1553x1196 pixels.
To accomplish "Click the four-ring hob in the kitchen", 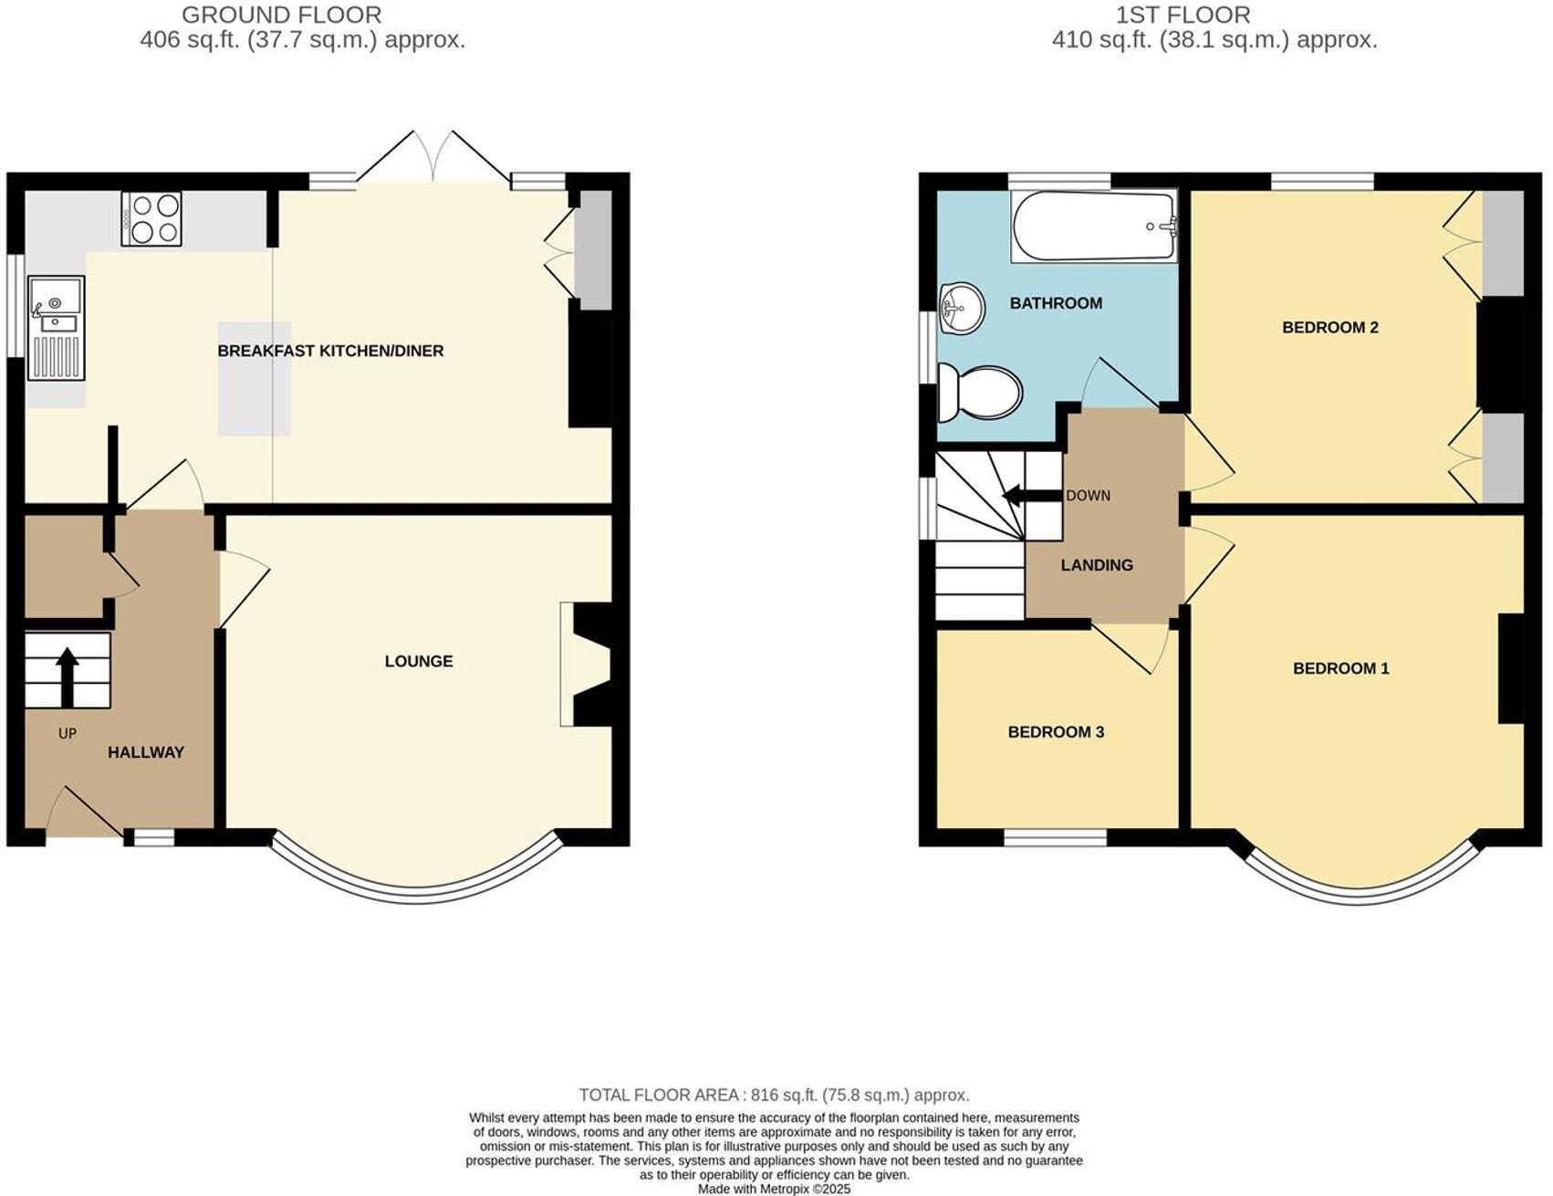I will pyautogui.click(x=151, y=218).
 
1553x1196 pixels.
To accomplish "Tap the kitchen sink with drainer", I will pyautogui.click(x=56, y=327).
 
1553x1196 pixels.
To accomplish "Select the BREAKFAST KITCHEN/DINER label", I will pyautogui.click(x=330, y=351).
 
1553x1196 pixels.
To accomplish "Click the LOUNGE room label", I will pyautogui.click(x=419, y=661).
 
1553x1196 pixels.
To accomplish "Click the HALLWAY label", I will pyautogui.click(x=146, y=752).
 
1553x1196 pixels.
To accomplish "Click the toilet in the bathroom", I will pyautogui.click(x=980, y=393).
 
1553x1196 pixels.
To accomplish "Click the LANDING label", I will pyautogui.click(x=1097, y=565).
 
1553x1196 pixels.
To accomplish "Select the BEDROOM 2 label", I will pyautogui.click(x=1329, y=327).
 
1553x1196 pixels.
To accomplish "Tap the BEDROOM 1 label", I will pyautogui.click(x=1340, y=668).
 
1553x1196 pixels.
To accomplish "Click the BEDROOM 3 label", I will pyautogui.click(x=1056, y=732).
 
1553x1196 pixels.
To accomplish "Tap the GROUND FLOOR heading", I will pyautogui.click(x=281, y=15).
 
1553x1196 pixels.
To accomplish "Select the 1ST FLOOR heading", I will pyautogui.click(x=1183, y=15).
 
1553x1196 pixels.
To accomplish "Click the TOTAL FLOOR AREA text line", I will pyautogui.click(x=774, y=1095).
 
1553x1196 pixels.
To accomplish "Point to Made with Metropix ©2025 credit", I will pyautogui.click(x=774, y=1189).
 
